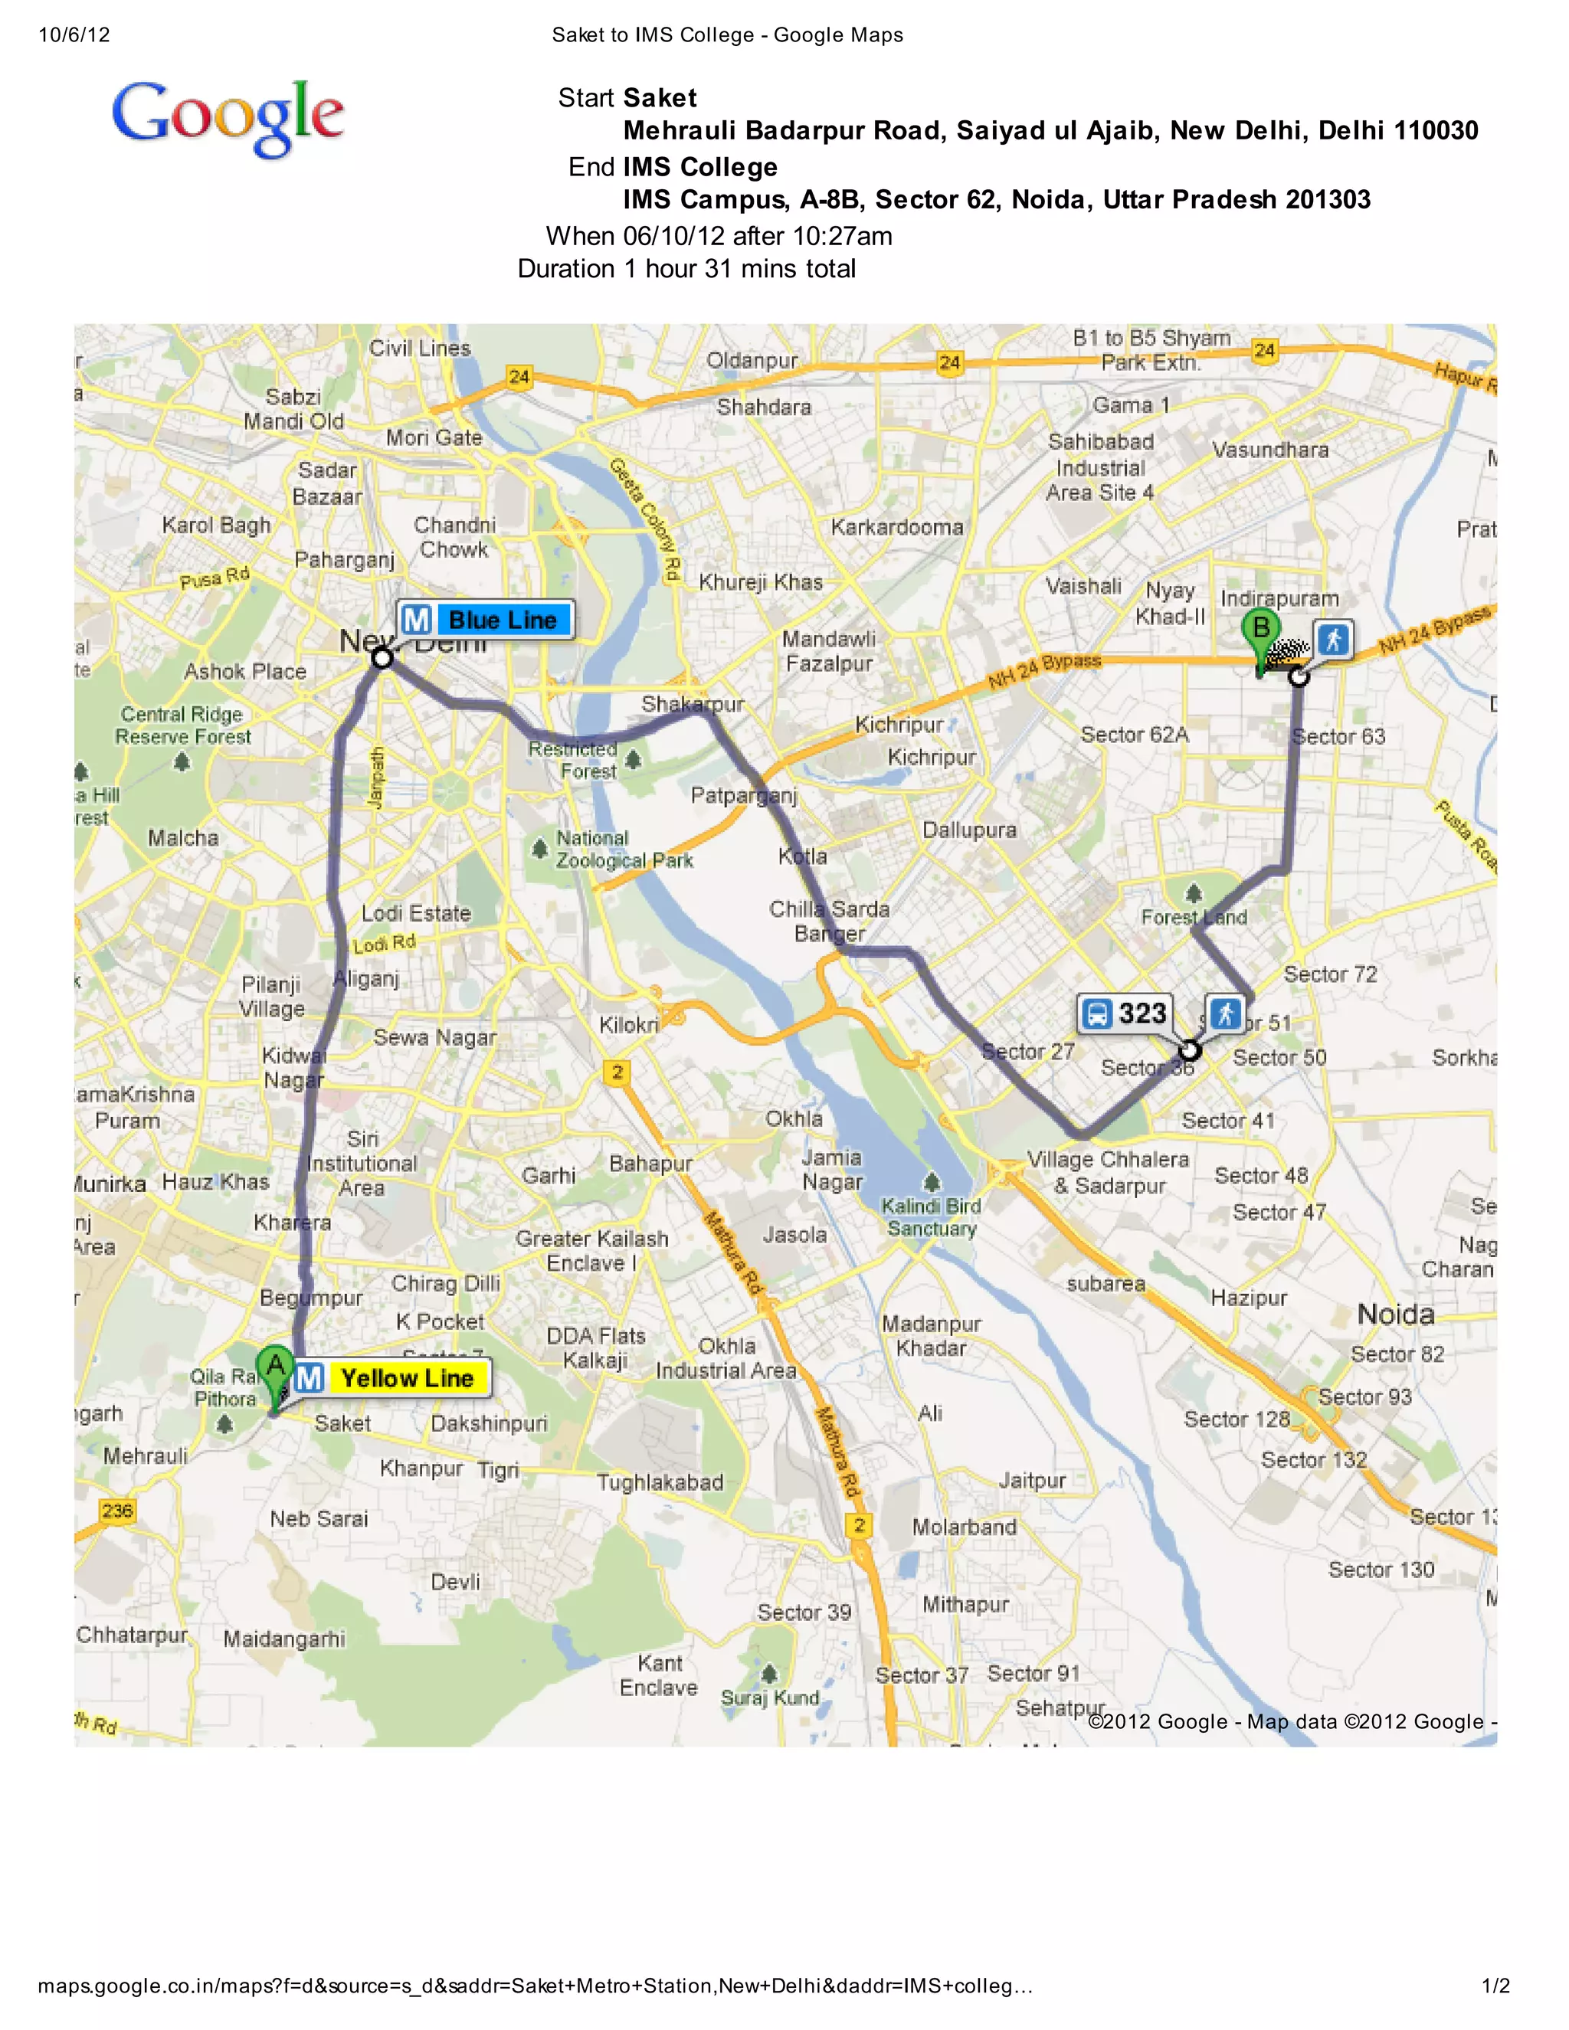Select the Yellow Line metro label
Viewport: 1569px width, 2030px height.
407,1377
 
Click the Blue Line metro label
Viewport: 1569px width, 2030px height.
502,620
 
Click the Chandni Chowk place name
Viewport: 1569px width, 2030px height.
454,537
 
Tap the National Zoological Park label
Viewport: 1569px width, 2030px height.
624,850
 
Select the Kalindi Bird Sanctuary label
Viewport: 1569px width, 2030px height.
932,1216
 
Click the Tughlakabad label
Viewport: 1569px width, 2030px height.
659,1482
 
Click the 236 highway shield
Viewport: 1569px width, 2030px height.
117,1511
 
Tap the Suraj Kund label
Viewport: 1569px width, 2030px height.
771,1698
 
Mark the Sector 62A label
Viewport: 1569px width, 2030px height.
1134,735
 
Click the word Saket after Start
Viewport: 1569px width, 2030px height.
660,97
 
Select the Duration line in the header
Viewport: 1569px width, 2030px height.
686,269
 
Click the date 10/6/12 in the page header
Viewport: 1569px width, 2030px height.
74,35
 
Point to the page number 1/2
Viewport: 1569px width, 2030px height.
1495,1986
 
